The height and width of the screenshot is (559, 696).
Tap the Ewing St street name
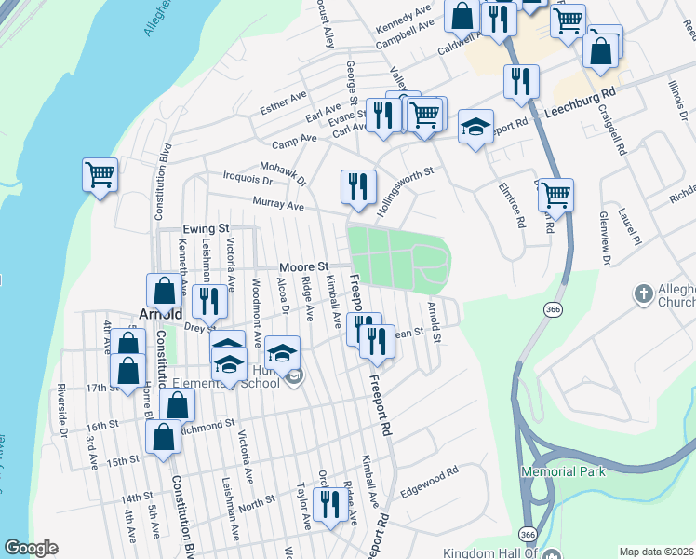(x=206, y=228)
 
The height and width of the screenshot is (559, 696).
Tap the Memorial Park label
(x=563, y=471)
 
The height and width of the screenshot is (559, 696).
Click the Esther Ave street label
(x=284, y=102)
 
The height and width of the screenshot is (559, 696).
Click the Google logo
(x=31, y=548)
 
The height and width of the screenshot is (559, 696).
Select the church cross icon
(x=643, y=295)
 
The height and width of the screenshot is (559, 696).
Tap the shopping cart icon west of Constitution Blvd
(x=100, y=174)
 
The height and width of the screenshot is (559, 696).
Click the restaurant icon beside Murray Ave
(x=357, y=186)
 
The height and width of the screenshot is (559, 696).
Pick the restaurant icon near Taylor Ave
(x=329, y=504)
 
